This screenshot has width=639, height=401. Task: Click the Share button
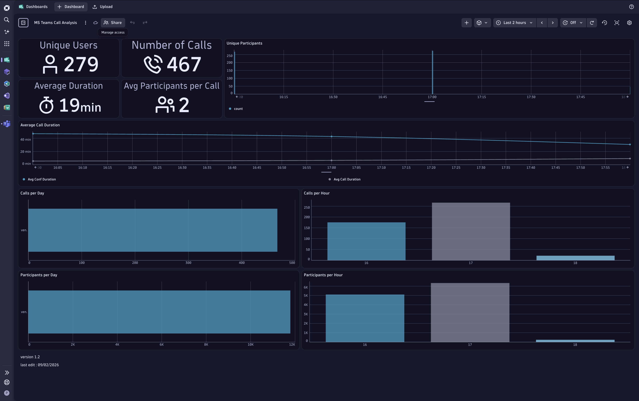pyautogui.click(x=113, y=23)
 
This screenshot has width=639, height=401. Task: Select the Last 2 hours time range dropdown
pyautogui.click(x=514, y=23)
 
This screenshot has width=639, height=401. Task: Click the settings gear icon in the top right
pyautogui.click(x=629, y=23)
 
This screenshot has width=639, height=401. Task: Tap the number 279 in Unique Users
pyautogui.click(x=81, y=64)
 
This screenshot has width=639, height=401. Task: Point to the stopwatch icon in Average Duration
pyautogui.click(x=47, y=105)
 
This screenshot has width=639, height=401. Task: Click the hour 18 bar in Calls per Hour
pyautogui.click(x=575, y=258)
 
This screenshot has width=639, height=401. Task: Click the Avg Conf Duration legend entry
pyautogui.click(x=42, y=179)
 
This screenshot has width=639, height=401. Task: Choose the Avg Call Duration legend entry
pyautogui.click(x=347, y=179)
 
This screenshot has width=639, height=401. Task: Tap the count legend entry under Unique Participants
pyautogui.click(x=238, y=109)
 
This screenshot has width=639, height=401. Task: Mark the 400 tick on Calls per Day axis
pyautogui.click(x=241, y=263)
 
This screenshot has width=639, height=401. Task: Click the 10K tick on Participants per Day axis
pyautogui.click(x=250, y=345)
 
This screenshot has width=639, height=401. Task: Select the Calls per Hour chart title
pyautogui.click(x=316, y=193)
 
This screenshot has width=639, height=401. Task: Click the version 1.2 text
pyautogui.click(x=30, y=357)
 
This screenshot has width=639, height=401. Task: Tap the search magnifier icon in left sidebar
pyautogui.click(x=7, y=20)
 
